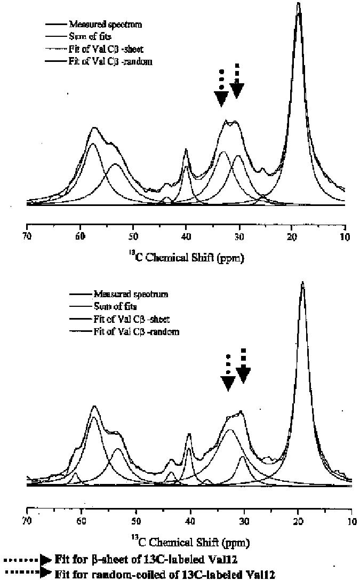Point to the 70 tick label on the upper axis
tap(27, 237)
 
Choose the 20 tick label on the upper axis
tap(291, 237)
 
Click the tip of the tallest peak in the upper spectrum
tap(298, 4)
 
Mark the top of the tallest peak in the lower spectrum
tap(302, 283)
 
